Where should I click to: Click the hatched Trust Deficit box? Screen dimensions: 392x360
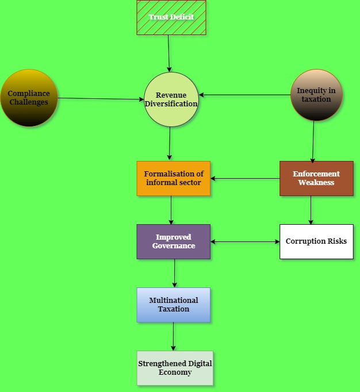(171, 17)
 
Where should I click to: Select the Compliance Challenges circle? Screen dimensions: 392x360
(29, 98)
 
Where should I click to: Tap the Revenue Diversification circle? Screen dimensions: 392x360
(171, 99)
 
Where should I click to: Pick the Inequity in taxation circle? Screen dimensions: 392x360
(316, 95)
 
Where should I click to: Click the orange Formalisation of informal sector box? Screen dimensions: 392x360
(174, 178)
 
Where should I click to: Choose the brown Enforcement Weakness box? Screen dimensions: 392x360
(316, 178)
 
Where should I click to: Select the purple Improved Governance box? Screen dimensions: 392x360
(174, 241)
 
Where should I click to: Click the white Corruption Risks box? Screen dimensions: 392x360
(316, 241)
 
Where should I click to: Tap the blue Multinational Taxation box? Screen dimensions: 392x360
(174, 305)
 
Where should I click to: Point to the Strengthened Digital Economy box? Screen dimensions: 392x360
(175, 368)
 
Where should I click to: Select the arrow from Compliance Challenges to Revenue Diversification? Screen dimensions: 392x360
(101, 99)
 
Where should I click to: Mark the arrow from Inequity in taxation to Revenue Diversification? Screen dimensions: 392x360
(244, 95)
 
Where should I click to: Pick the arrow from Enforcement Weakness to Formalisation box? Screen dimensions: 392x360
(245, 179)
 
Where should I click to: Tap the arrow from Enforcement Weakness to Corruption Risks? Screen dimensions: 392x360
(311, 210)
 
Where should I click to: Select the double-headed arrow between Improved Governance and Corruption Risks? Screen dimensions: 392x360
(245, 242)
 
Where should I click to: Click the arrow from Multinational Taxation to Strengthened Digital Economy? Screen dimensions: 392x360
(173, 336)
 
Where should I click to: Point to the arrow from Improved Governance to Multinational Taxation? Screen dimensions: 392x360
(174, 273)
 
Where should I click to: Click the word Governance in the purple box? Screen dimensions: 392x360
(174, 246)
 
